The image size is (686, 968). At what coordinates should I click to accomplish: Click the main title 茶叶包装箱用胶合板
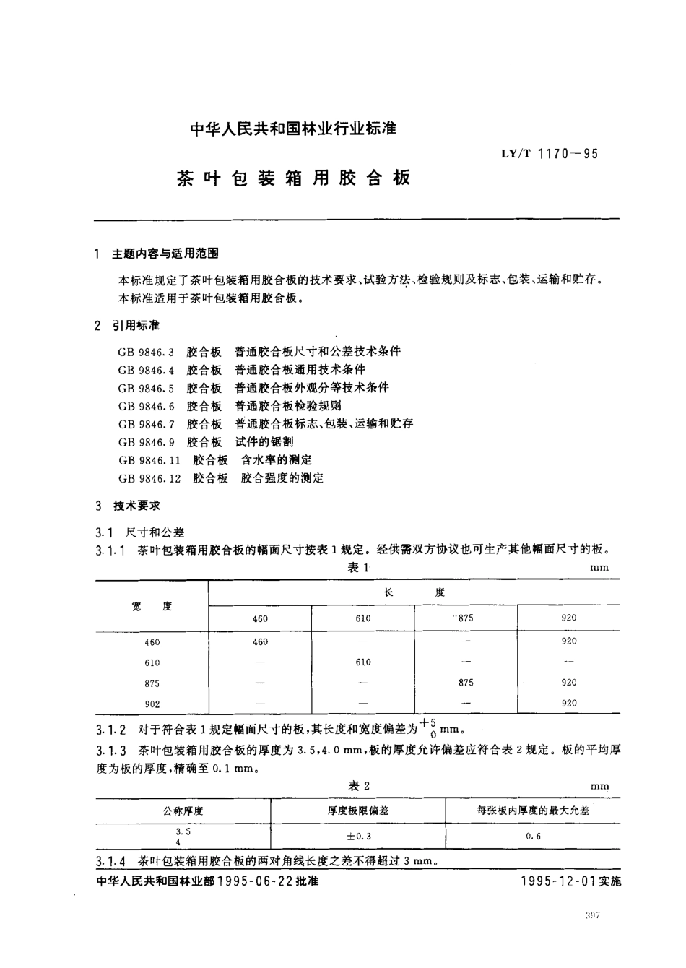click(x=293, y=178)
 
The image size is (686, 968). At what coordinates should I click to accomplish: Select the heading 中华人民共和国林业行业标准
click(x=293, y=129)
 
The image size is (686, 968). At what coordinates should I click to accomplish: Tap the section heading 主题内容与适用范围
click(x=165, y=254)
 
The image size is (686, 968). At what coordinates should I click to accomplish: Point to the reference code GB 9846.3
click(x=147, y=352)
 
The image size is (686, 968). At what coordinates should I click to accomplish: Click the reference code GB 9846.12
click(x=149, y=478)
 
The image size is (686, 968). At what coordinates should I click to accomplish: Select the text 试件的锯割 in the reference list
click(x=264, y=441)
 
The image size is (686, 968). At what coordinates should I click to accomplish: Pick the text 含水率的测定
click(x=277, y=460)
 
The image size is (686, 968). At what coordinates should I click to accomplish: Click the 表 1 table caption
click(x=358, y=567)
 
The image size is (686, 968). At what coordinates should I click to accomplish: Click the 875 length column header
click(x=466, y=618)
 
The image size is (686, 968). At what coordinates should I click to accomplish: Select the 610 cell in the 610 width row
click(x=363, y=662)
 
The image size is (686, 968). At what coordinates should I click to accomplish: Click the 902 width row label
click(x=152, y=704)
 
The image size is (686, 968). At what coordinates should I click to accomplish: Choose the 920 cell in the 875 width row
click(x=569, y=683)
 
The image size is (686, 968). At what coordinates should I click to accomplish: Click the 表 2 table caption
click(x=359, y=786)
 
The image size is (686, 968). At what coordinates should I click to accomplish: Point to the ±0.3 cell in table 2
click(x=359, y=836)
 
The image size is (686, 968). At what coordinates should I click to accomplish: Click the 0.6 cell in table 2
click(x=533, y=836)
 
